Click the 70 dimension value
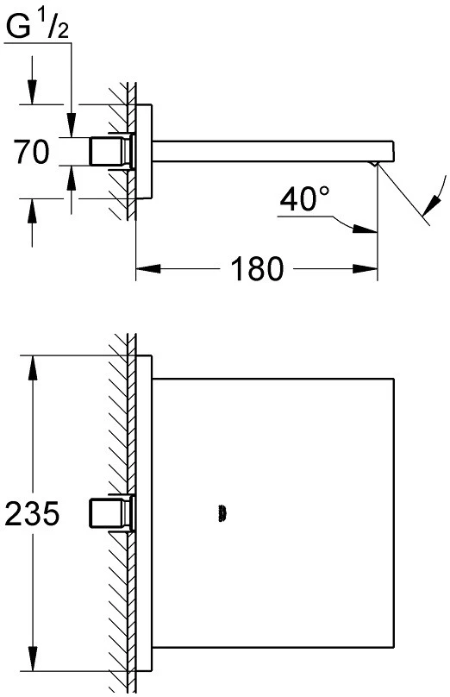coord(31,152)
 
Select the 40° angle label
coord(305,198)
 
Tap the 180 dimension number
coord(257,268)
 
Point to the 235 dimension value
coord(32,513)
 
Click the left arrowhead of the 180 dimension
coord(148,268)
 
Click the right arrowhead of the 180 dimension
coord(365,269)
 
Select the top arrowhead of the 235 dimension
coord(33,367)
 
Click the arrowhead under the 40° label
coord(365,229)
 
